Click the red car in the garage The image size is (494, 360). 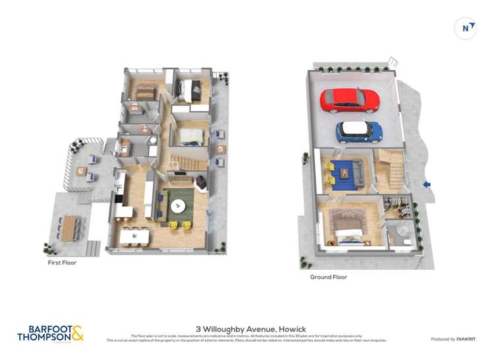(x=350, y=100)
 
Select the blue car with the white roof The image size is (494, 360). (x=360, y=131)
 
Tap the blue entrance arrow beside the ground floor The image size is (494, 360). (x=427, y=185)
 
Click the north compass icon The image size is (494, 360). (x=466, y=28)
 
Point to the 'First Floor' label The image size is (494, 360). (x=62, y=263)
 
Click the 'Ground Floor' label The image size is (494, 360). (x=329, y=277)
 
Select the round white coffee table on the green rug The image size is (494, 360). (x=178, y=206)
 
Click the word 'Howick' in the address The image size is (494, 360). (x=292, y=329)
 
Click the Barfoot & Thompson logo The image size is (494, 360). (x=51, y=333)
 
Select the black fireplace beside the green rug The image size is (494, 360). (x=202, y=182)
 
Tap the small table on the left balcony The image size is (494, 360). (x=80, y=171)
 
